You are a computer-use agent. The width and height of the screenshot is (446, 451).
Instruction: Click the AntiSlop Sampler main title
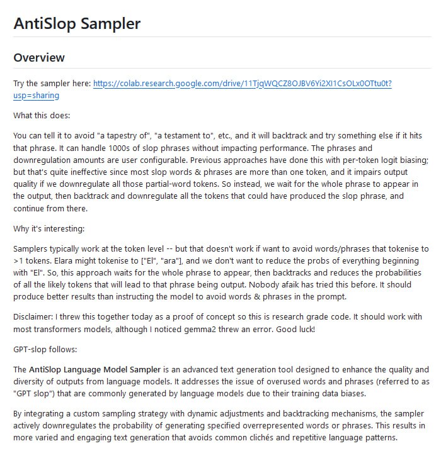coord(77,24)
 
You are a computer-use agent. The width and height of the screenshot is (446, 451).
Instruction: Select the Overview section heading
coord(39,58)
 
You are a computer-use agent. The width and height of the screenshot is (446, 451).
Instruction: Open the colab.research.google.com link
coord(242,83)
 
